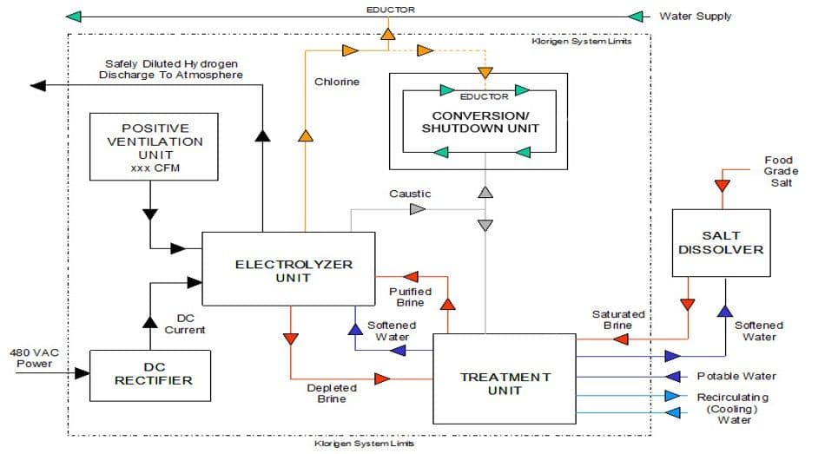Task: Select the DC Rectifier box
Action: coord(150,375)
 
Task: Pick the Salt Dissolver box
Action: coord(720,242)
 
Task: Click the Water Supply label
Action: coord(696,16)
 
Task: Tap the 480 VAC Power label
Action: coord(32,358)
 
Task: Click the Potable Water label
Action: coord(736,376)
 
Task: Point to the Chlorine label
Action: coord(336,82)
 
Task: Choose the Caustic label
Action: coord(410,194)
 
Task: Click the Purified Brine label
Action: coord(411,297)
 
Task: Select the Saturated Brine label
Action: coord(618,319)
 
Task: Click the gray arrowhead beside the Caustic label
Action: coord(419,209)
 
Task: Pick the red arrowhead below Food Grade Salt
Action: coord(720,187)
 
